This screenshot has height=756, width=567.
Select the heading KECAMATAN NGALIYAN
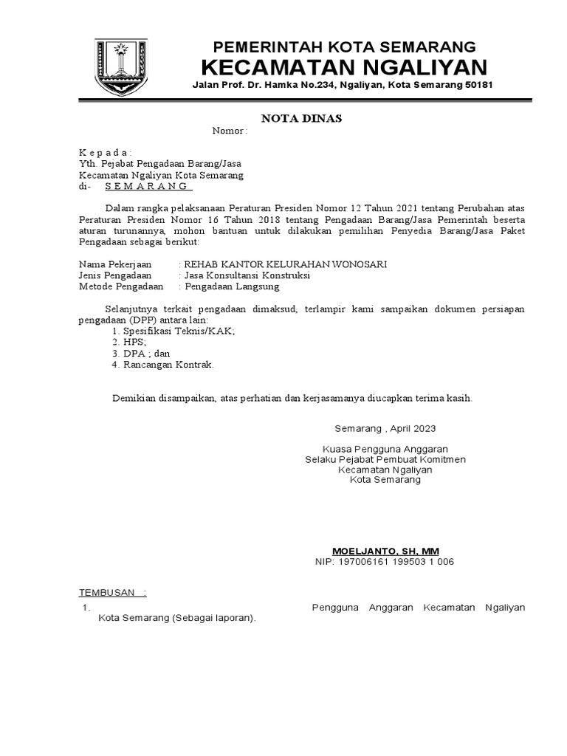coord(344,68)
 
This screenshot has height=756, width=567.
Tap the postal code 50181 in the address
coord(477,86)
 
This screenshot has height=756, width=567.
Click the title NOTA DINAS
coord(302,118)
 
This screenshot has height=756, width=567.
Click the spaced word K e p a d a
coord(105,152)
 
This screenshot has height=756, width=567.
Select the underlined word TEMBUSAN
coord(108,592)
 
